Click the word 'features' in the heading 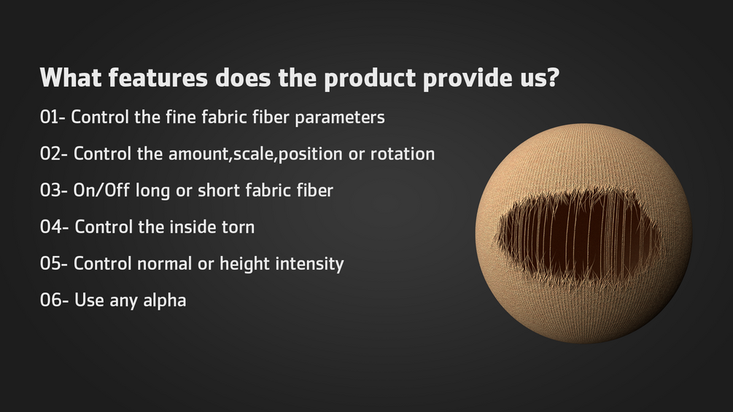(158, 77)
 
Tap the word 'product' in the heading (370, 79)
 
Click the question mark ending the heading (554, 77)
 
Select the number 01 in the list (50, 117)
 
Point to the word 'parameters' (340, 118)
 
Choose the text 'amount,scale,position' (255, 155)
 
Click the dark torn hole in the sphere (580, 236)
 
